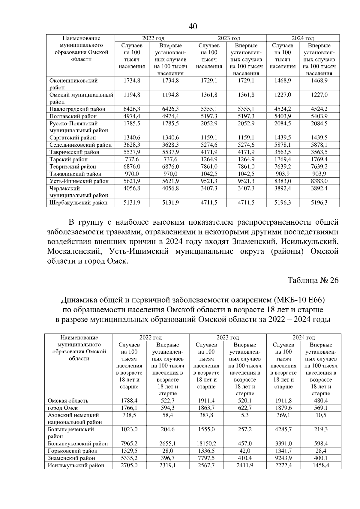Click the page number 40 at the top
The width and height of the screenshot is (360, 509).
(x=193, y=26)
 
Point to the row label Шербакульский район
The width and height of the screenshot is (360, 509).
(x=78, y=203)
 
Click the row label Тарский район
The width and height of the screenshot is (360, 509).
(x=68, y=159)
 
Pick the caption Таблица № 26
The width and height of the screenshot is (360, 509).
(x=313, y=280)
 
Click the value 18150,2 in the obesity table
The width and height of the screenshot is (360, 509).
(x=206, y=444)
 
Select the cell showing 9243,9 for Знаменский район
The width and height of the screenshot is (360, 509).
(x=283, y=458)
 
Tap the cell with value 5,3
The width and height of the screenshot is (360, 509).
(x=245, y=415)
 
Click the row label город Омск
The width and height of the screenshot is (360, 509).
(x=63, y=408)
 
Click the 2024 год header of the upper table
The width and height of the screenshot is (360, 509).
(x=303, y=38)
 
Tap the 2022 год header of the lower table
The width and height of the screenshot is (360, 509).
(x=151, y=337)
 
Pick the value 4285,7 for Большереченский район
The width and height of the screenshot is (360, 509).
(x=283, y=430)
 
